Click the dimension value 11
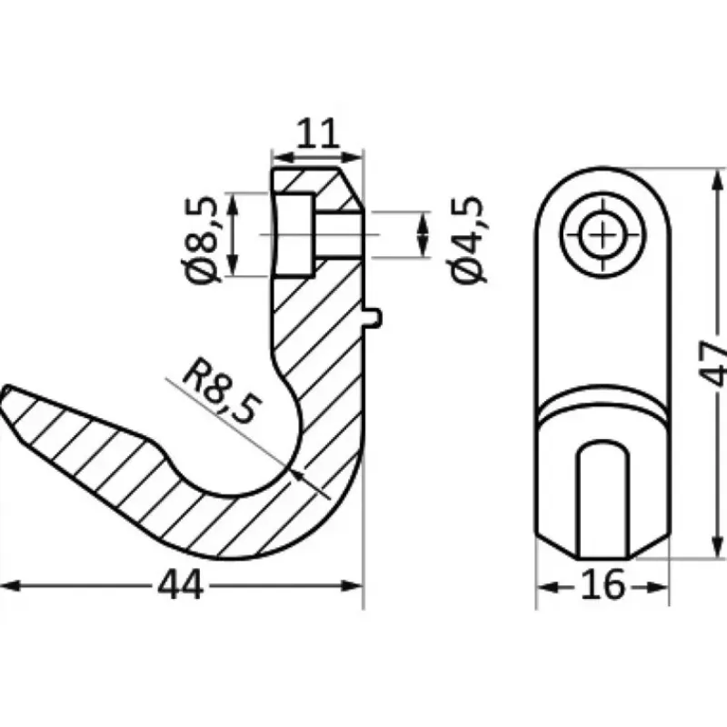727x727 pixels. [317, 133]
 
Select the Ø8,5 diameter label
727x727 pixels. [201, 240]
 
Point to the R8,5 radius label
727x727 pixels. [222, 391]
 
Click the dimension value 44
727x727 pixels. [180, 585]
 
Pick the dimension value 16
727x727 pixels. [603, 585]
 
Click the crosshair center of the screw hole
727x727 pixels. [603, 235]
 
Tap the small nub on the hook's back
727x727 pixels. [373, 318]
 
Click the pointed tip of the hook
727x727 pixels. [5, 389]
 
